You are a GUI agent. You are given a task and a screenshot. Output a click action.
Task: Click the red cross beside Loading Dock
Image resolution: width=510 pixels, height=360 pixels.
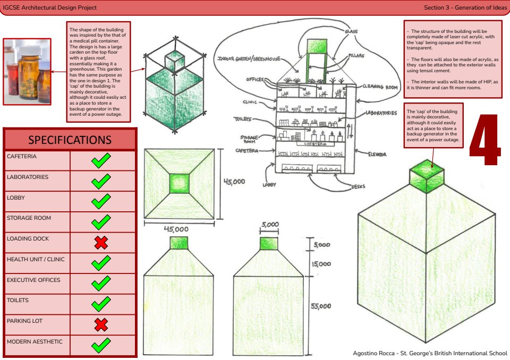101,243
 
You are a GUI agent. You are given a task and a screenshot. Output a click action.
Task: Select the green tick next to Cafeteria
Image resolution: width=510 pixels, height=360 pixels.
101,161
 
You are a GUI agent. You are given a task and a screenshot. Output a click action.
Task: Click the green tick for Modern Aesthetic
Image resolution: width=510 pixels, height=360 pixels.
101,346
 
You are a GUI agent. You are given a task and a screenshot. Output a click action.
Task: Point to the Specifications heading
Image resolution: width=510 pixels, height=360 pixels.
70,140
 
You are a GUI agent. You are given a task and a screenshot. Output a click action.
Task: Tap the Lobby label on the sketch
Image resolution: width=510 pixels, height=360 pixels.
270,185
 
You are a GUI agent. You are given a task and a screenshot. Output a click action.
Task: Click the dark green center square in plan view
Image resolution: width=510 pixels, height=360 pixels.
179,184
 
